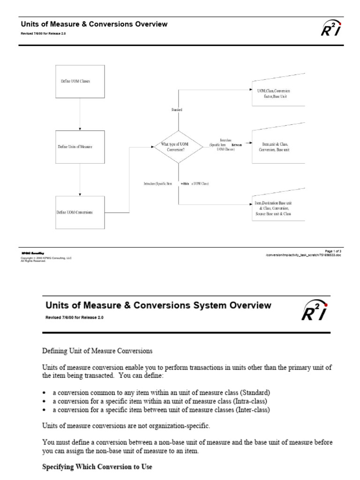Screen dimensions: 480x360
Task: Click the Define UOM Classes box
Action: [80, 81]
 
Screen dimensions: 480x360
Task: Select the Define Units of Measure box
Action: [80, 147]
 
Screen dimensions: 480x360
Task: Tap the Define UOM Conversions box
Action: [80, 212]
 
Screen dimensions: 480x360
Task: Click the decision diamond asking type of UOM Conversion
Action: [178, 147]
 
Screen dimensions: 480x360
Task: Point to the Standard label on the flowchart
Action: [177, 109]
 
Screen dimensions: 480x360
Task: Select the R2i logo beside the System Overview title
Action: [314, 311]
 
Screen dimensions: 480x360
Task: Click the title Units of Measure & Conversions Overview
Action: [93, 24]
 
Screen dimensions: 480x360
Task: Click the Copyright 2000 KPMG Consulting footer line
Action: [46, 258]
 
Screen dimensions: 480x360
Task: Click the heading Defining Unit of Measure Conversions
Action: [97, 350]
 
